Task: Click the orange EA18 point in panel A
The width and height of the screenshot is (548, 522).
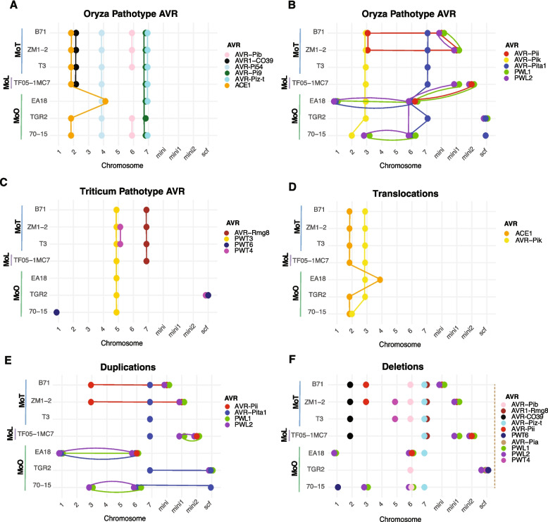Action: coord(105,101)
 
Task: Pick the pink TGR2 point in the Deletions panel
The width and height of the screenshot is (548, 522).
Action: coord(410,469)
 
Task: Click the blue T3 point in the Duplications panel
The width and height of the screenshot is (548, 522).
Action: coord(150,419)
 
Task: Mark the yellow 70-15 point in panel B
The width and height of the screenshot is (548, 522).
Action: coord(351,135)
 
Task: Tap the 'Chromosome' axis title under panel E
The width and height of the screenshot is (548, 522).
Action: coord(132,518)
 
